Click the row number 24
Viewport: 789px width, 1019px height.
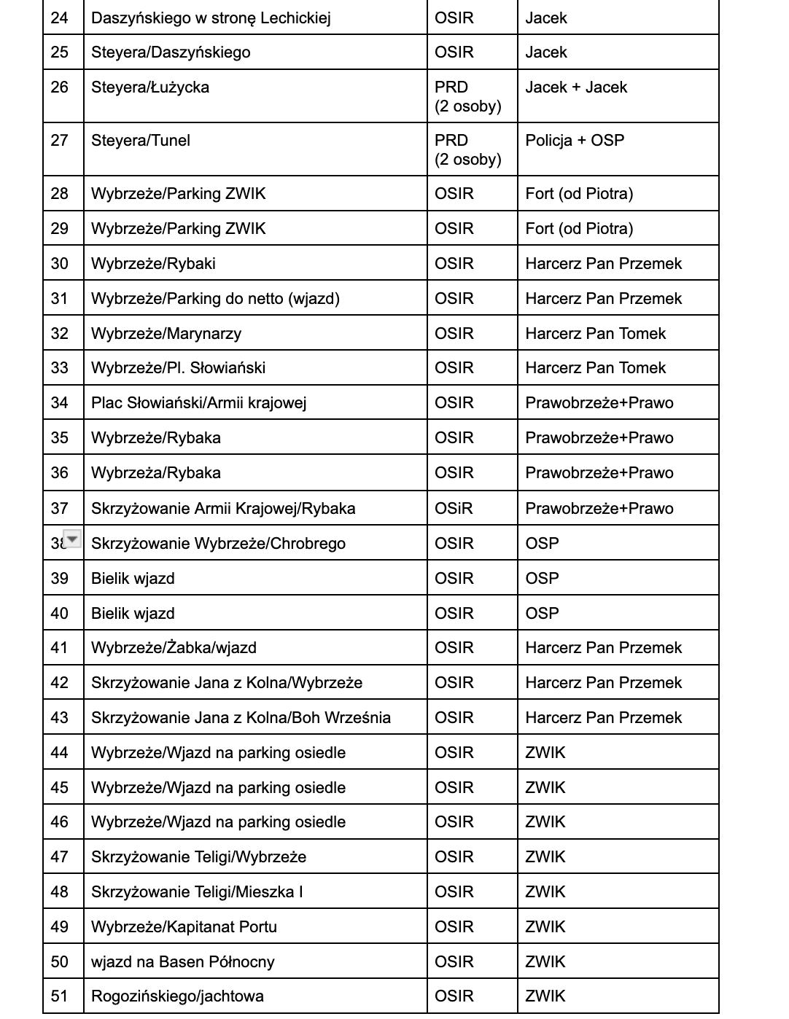[x=60, y=17]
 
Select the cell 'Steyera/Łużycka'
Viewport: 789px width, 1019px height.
[x=150, y=87]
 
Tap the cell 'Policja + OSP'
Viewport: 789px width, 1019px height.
[x=575, y=141]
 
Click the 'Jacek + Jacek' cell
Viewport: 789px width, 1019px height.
[x=576, y=87]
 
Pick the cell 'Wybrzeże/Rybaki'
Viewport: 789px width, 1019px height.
[x=153, y=264]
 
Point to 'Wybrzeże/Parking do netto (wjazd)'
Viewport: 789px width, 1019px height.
[x=215, y=299]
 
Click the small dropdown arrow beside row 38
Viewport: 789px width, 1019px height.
[x=73, y=539]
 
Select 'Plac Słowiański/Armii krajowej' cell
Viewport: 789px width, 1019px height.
[x=198, y=403]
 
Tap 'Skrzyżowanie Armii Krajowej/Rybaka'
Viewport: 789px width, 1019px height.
[x=223, y=509]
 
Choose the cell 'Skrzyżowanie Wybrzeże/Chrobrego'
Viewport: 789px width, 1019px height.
[x=218, y=544]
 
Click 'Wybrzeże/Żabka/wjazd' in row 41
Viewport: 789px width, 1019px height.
[x=174, y=648]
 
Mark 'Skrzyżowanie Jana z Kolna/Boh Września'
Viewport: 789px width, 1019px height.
[x=241, y=718]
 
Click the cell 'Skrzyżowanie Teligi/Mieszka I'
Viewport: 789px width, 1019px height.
[x=197, y=892]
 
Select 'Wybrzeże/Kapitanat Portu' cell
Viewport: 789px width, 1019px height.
[x=184, y=927]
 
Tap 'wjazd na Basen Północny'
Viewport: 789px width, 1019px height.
[x=182, y=962]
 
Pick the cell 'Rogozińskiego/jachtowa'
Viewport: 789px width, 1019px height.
[x=177, y=996]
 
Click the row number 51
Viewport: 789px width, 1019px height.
[x=60, y=996]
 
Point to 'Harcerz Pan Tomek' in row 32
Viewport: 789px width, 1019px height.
[x=595, y=334]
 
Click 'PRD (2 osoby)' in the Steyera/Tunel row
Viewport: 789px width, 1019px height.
[x=467, y=149]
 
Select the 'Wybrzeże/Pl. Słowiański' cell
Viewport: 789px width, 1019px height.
[x=178, y=368]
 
